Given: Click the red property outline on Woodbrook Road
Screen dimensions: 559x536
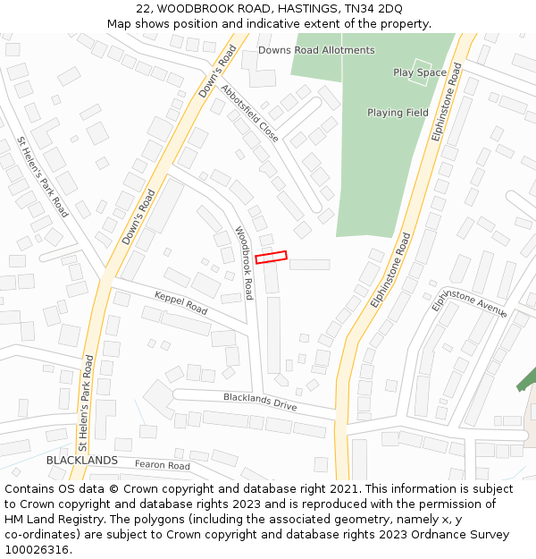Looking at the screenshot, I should tap(272, 258).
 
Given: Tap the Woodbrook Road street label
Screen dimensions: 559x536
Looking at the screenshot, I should tap(244, 262).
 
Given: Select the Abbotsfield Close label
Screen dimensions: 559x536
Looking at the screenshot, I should tap(250, 114).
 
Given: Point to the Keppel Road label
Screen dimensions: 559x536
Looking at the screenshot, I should tap(180, 303).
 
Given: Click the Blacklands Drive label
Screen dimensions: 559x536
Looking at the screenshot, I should tap(260, 402).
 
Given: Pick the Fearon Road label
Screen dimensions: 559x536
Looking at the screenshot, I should tap(163, 465).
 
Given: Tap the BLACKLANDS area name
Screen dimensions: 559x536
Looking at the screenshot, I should tap(82, 460).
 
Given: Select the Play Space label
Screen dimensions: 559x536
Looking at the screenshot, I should tap(420, 72).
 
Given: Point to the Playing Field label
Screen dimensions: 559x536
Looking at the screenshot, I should tap(398, 113).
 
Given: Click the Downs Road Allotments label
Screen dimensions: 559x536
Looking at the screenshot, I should tap(316, 50).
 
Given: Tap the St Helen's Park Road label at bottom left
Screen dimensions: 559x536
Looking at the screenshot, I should tap(85, 402).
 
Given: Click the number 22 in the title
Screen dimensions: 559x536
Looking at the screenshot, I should tap(143, 8).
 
